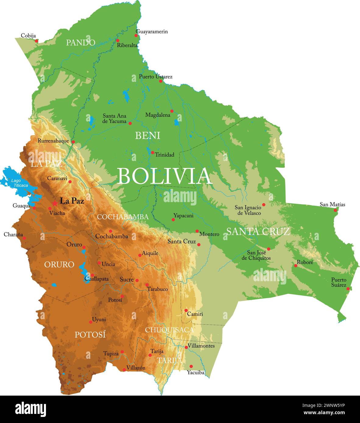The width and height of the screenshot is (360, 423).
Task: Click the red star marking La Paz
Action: coord(55,203)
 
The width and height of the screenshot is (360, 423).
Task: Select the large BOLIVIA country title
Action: coord(164,176)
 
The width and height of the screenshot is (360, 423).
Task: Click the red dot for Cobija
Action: coord(37,40)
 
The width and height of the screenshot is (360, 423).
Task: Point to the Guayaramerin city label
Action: coord(152,31)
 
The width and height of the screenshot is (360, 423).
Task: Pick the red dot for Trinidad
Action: coord(153,153)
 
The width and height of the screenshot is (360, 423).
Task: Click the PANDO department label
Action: coord(81,42)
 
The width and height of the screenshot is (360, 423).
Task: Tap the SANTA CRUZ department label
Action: coord(258,232)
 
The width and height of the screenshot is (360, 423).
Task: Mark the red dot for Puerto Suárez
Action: coord(348,289)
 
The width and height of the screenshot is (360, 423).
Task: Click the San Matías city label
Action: coord(332,205)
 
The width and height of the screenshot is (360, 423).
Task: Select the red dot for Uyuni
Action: coord(90,322)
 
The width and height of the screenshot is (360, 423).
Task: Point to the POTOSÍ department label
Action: coord(90,335)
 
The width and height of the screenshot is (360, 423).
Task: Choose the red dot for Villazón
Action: coord(124,370)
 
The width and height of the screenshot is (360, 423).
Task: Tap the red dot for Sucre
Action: coord(137,281)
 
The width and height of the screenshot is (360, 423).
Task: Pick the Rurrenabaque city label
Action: coord(53,141)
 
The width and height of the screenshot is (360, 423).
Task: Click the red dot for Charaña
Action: coord(24,238)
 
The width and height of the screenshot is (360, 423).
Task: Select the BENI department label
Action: coord(147,135)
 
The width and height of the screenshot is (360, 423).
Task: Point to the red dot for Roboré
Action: coord(295,266)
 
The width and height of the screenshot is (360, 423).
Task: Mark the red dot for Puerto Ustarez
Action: coord(161,81)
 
